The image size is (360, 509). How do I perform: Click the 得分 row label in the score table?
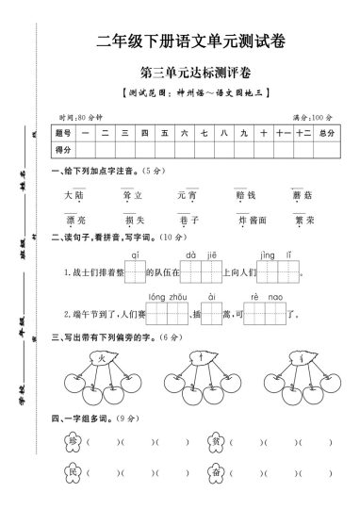(x=64, y=150)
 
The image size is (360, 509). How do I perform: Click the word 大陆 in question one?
(x=74, y=196)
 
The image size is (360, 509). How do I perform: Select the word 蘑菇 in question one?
(x=302, y=196)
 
